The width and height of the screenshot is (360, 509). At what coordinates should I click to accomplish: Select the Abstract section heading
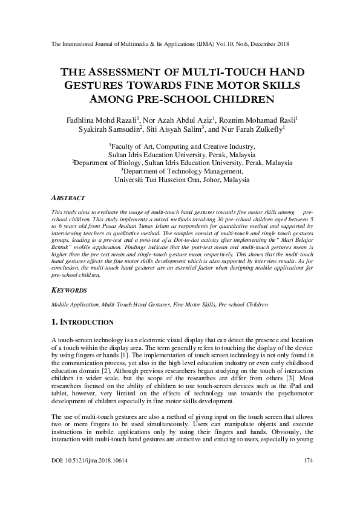65,197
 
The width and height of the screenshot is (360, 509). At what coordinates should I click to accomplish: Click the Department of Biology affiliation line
182,163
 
